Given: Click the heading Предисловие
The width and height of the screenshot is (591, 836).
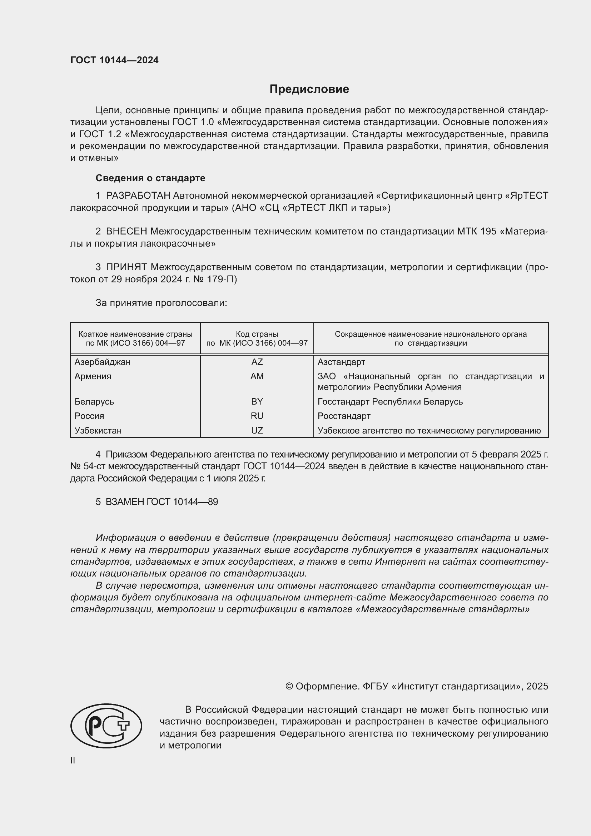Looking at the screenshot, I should [309, 89].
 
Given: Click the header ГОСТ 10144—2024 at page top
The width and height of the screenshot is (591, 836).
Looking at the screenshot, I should [114, 60].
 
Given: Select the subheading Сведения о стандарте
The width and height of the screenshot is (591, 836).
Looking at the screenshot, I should [150, 178].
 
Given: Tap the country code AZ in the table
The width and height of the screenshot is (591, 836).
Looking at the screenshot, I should [257, 362].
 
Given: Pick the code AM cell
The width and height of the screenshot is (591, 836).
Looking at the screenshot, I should [257, 376].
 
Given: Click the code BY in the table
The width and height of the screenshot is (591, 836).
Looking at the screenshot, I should [257, 402].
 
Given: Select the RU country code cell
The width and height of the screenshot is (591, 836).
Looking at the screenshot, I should [257, 416].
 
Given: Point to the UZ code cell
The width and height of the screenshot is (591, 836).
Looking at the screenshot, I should [257, 430].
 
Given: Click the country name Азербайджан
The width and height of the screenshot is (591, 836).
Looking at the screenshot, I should [102, 362].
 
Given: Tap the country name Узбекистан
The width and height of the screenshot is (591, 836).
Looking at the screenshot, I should [98, 430].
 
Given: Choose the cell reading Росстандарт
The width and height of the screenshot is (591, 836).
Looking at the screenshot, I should [344, 416].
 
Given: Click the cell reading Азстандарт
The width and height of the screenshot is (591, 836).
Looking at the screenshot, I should [341, 362].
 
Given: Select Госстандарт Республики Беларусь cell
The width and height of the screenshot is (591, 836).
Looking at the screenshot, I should [390, 402].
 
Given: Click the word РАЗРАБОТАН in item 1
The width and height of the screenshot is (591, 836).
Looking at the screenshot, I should [138, 196].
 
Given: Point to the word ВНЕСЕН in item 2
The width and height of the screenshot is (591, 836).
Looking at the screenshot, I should [126, 232].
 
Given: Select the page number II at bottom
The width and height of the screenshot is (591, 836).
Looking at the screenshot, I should [73, 760].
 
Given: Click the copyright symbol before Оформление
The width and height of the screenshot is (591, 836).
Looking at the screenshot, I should [289, 686].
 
